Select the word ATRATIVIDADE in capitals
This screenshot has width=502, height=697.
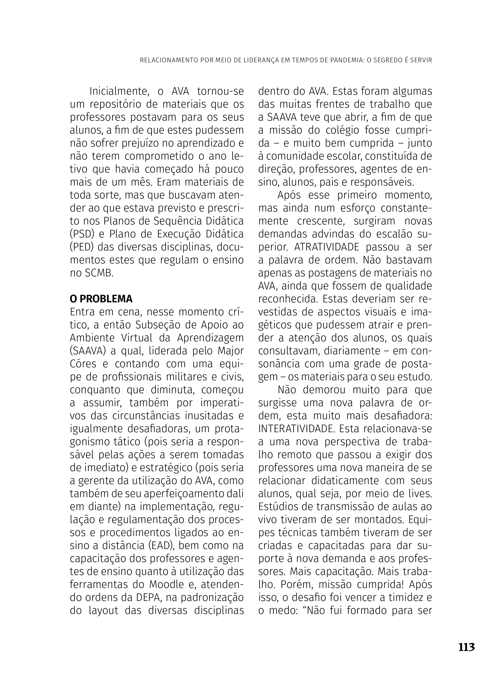point(327,247)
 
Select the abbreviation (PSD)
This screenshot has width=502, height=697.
point(82,234)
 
